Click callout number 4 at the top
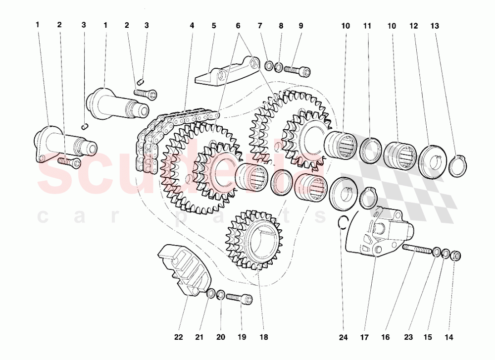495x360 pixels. pos(192,26)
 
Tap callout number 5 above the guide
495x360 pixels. pos(214,26)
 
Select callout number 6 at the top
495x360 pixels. pos(238,26)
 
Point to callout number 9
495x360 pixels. pos(300,26)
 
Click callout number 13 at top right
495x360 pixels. pos(435,26)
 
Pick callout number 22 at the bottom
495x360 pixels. pos(178,337)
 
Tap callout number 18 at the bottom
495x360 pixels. pos(264,337)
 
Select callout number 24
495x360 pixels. pos(343,338)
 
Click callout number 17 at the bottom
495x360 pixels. pos(364,338)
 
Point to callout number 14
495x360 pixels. pos(448,338)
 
